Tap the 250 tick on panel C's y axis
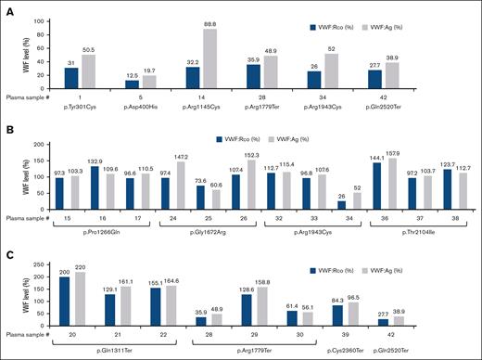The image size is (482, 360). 46,266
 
